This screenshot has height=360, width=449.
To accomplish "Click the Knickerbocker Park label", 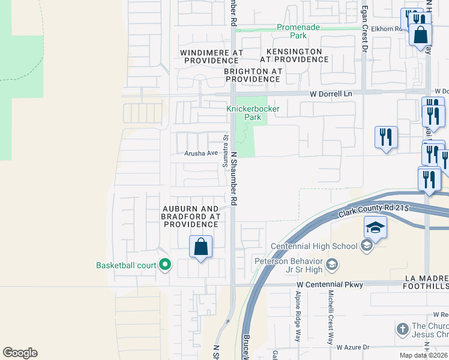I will tap(245, 113).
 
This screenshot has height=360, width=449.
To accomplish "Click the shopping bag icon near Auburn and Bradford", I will tap(201, 247).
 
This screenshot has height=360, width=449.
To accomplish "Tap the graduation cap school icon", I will tap(375, 228).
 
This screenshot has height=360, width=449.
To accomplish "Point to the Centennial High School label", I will tap(314, 246).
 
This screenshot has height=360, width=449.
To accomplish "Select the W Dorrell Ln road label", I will tap(331, 94).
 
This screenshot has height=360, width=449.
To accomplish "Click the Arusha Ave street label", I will tap(200, 153).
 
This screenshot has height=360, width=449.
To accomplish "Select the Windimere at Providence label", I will tap(212, 56).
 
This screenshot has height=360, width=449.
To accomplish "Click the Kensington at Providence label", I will tap(295, 56).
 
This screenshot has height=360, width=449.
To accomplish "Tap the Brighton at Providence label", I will tap(253, 74).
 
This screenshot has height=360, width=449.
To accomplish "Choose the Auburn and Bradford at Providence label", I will tap(191, 216).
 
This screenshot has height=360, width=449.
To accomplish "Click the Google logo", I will tap(20, 353).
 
